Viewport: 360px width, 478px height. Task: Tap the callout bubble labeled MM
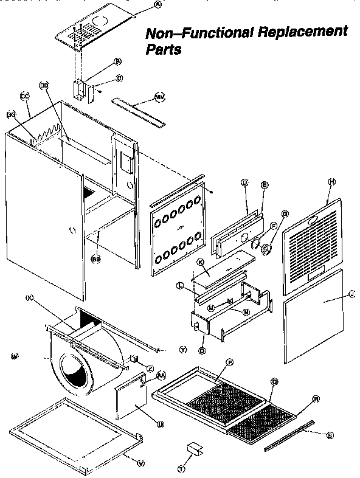coord(160,96)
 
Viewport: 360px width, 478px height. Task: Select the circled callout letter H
coord(331,182)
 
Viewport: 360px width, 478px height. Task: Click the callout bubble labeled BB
coord(95,258)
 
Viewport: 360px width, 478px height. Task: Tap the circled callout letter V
coord(142,463)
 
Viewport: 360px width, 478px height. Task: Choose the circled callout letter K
coord(199,262)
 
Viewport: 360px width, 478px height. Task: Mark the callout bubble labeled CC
coord(25,96)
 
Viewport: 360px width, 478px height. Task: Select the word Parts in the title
coord(162,50)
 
